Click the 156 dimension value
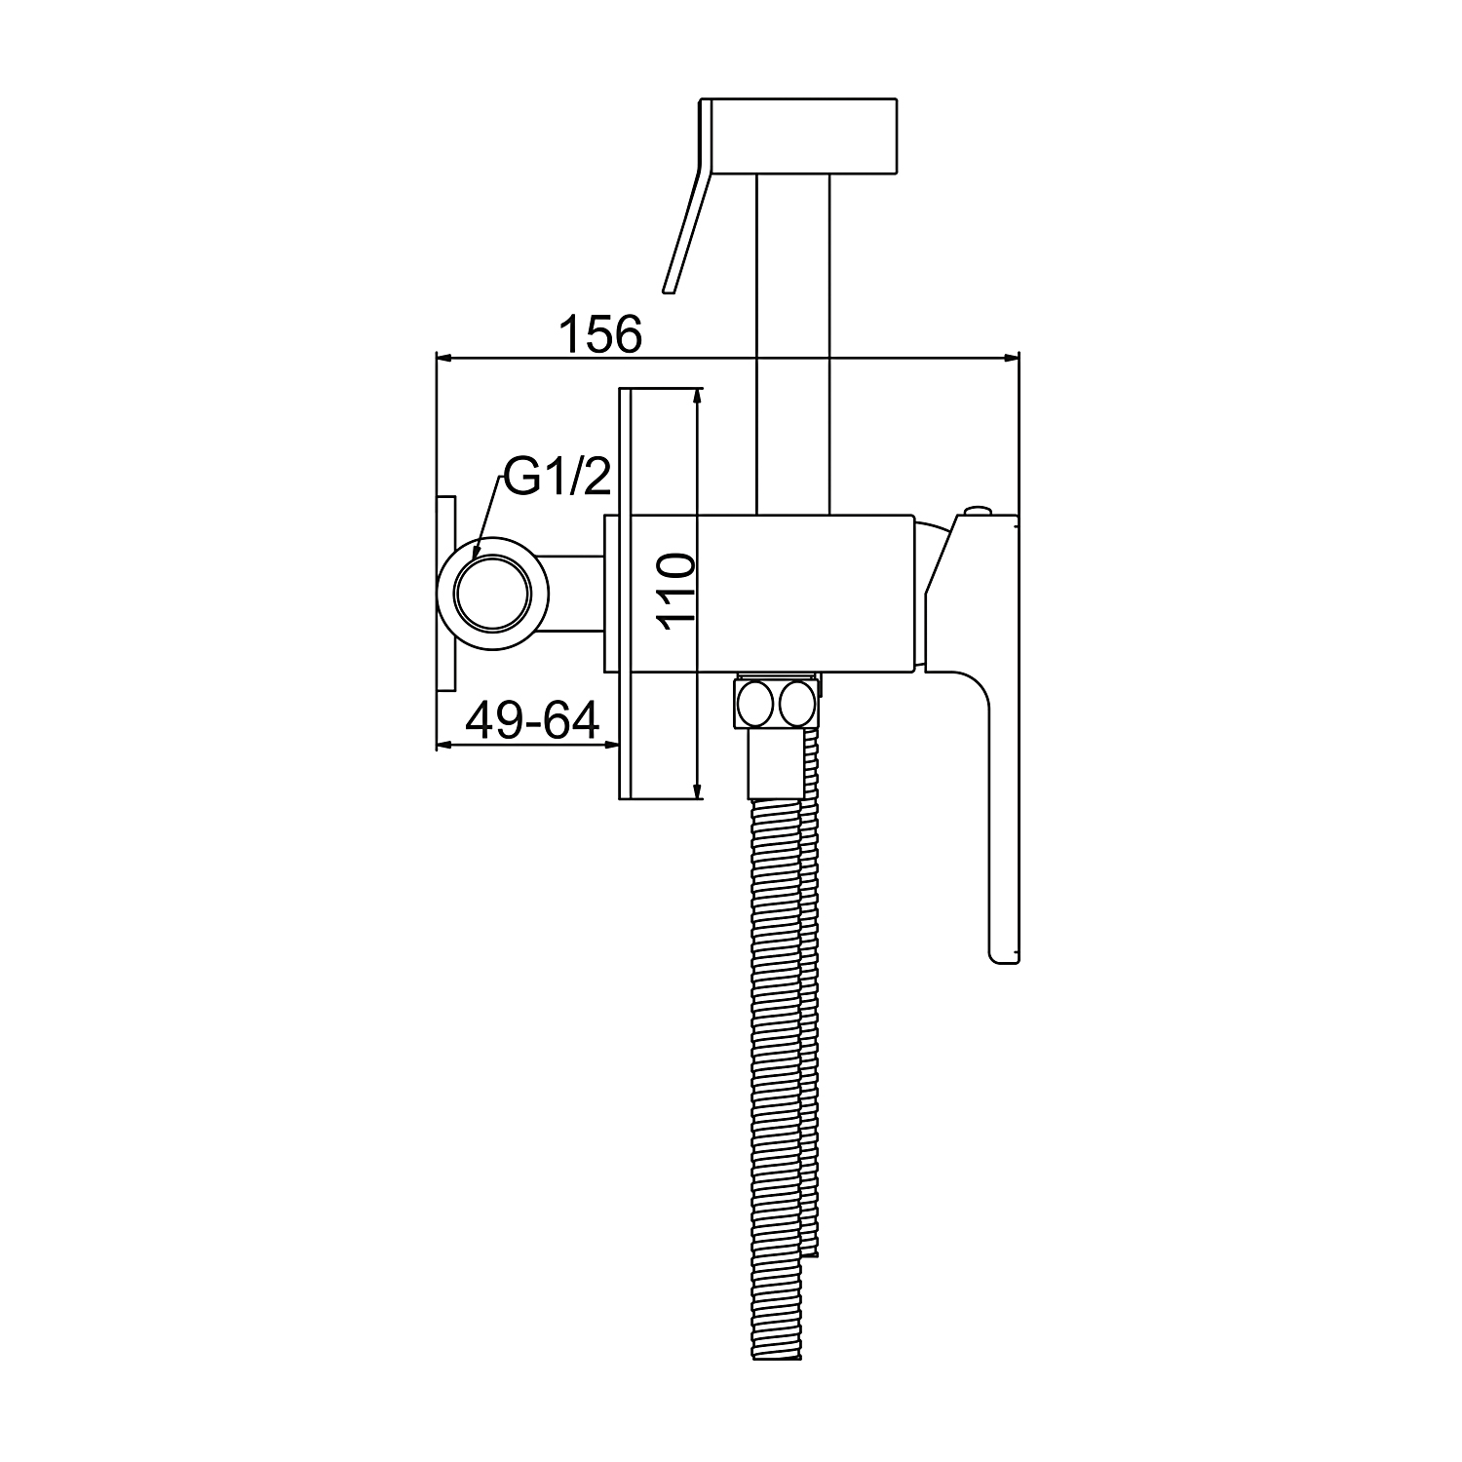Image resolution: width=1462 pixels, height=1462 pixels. [x=600, y=333]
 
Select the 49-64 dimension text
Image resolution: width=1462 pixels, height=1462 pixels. [x=532, y=721]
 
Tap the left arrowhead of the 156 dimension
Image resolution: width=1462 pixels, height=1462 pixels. [x=447, y=359]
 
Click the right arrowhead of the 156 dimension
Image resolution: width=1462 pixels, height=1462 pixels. [x=1007, y=359]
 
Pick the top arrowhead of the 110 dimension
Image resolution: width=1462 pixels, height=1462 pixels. [x=696, y=400]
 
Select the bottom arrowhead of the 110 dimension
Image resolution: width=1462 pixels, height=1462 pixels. [x=696, y=788]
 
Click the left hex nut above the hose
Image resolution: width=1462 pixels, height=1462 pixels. [x=756, y=704]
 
